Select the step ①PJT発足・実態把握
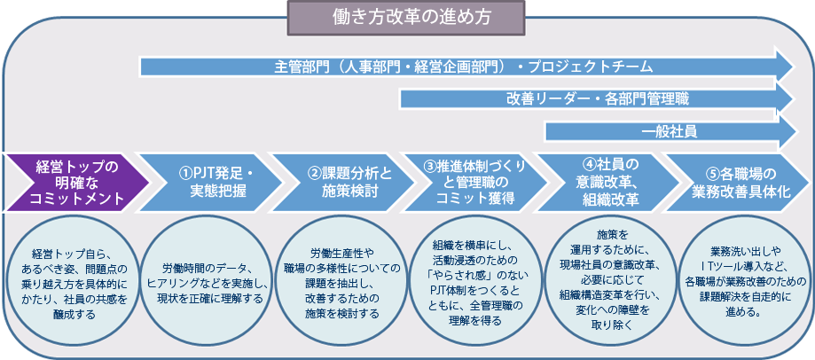pos(210,183)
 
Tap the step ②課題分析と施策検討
pos(343,183)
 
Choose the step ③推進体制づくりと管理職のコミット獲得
pos(475,183)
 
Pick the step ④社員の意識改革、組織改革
pos(608,183)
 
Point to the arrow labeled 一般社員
pos(670,132)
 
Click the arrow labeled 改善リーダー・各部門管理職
pos(598,98)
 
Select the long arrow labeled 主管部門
pos(467,67)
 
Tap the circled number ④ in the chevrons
pos(589,164)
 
